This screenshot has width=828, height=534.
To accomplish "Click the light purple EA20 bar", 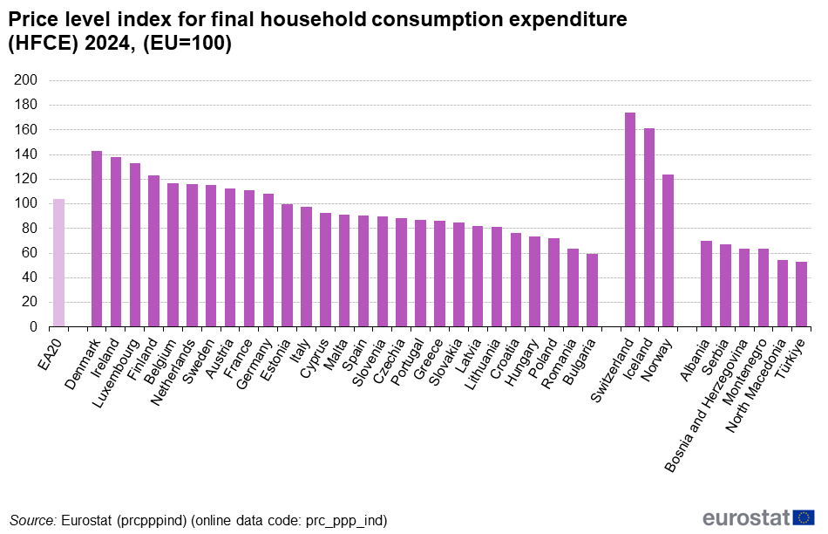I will [x=58, y=263].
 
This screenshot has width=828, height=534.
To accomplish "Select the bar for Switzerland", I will [x=630, y=220].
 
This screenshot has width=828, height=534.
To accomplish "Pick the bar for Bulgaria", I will [x=592, y=291].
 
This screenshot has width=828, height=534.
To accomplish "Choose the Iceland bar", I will [x=649, y=228].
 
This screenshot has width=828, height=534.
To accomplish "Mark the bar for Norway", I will [x=669, y=250].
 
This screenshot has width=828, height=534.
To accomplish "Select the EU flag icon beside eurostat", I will [x=804, y=517].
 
